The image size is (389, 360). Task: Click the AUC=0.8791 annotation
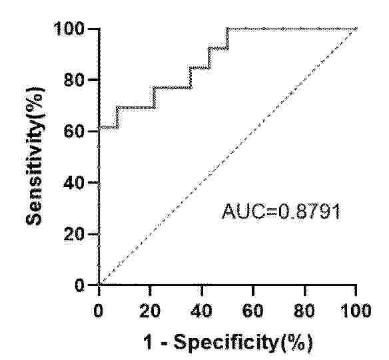pos(280,212)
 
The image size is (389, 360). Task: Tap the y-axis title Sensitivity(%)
pos(35,156)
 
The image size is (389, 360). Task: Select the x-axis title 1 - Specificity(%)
pos(228,343)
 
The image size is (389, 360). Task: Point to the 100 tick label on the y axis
pos(69,29)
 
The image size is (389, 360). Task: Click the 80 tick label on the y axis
pos(74,80)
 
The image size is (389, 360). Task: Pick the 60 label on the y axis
pos(74,131)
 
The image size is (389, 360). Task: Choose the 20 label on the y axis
pos(74,234)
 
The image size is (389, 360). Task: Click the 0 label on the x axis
pos(99,311)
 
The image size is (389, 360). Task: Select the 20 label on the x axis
pos(150,311)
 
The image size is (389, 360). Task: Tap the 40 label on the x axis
pos(201,311)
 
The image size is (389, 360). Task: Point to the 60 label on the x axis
pos(253,311)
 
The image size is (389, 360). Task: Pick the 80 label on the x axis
pos(304,311)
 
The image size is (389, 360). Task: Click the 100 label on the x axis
pos(356,311)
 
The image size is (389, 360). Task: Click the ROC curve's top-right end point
pos(356,29)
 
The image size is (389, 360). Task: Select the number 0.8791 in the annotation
pos(309,212)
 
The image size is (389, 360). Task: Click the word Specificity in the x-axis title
pos(226,343)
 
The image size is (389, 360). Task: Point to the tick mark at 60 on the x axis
pos(253,290)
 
